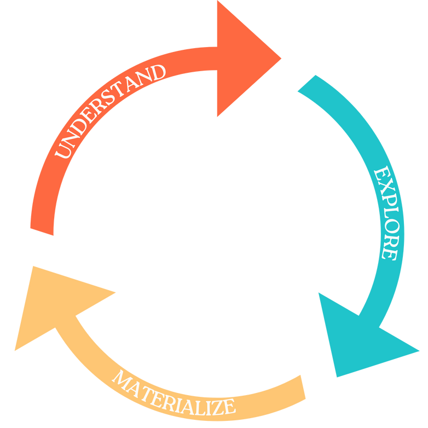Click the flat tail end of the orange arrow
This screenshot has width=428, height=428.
point(42,230)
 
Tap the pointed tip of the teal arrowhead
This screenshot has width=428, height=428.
point(336,378)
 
